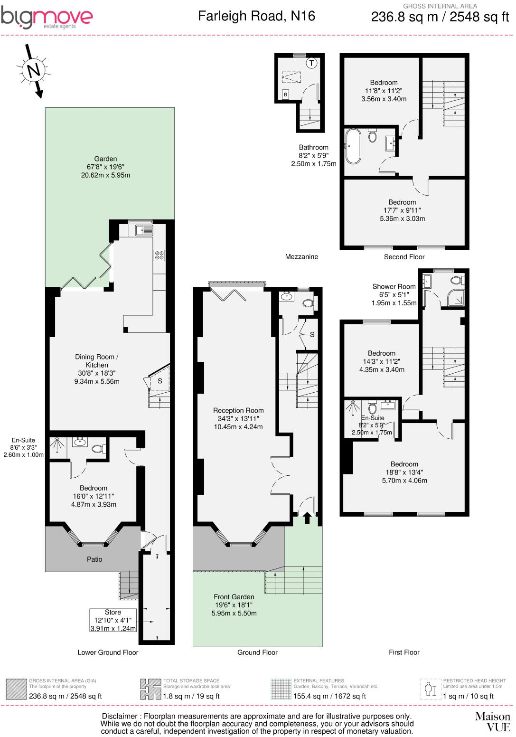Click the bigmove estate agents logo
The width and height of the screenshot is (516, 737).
tap(47, 18)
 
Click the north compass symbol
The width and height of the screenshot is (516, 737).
tap(33, 71)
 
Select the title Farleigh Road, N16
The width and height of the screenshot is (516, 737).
tap(256, 16)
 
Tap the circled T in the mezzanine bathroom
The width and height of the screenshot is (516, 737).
tap(311, 63)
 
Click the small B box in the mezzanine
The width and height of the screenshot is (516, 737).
tap(285, 94)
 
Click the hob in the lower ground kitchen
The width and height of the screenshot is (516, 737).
tap(159, 255)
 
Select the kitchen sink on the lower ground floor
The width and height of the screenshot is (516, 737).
tap(143, 230)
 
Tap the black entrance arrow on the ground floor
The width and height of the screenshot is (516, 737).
tap(307, 518)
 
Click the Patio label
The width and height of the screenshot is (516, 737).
tap(94, 559)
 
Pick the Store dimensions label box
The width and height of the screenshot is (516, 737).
tap(113, 620)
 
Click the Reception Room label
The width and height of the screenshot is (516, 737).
tap(238, 410)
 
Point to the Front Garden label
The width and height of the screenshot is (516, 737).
tap(234, 597)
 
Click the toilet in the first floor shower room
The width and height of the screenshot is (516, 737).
tap(457, 280)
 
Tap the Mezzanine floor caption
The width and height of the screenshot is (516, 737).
tap(301, 257)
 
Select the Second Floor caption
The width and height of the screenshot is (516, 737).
tap(404, 257)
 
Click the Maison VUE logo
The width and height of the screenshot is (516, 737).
tap(493, 721)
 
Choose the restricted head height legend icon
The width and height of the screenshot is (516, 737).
tap(430, 689)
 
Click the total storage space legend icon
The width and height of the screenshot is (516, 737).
tap(150, 689)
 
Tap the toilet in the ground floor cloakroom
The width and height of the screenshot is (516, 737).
tap(308, 302)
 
